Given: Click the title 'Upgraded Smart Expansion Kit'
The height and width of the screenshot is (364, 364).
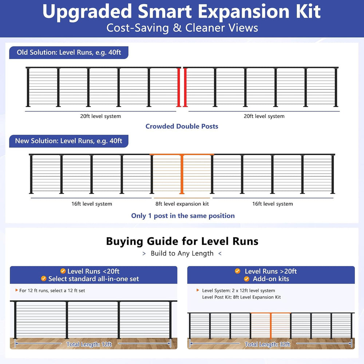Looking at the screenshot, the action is coord(182,11).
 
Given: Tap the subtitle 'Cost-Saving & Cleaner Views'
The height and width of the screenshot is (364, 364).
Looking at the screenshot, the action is coord(182,28).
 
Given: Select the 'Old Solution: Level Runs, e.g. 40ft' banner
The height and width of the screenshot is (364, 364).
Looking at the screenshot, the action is coord(69,52).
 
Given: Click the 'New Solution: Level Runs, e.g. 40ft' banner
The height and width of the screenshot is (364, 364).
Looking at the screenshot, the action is coord(69,141).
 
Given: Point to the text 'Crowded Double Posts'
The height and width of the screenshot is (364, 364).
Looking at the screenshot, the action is coord(182,126).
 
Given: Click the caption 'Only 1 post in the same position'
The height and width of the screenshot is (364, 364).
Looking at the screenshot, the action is coord(183,215).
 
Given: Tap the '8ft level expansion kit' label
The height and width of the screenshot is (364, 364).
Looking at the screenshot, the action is coord(182,204).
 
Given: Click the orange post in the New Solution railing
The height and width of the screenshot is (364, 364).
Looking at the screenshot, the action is coord(182,174).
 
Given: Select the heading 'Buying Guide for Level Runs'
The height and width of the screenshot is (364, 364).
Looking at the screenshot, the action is coord(182,241).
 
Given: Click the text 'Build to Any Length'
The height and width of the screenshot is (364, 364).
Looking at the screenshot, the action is coord(182,253).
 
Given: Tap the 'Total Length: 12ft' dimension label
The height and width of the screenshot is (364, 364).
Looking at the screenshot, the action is coord(89,344).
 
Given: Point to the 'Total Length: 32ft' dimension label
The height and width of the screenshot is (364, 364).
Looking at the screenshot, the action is coord(268,344).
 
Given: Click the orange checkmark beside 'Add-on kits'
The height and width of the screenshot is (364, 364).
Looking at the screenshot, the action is coord(246,279).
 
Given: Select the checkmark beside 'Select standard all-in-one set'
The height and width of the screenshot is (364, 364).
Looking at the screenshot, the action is coord(44,278).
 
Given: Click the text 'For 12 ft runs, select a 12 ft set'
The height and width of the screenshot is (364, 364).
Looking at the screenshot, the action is coord(52,290).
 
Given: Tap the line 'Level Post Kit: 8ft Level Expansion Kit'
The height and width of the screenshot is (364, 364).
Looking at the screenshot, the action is coord(241,297).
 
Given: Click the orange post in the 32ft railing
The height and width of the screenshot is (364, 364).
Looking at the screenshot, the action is coord(271,326).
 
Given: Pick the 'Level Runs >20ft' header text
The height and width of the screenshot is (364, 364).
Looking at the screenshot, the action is coord(271,271).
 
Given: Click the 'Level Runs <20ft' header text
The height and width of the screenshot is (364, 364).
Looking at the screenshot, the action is coord(93,271).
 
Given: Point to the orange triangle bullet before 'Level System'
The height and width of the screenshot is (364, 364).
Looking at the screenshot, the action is coord(198,290).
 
